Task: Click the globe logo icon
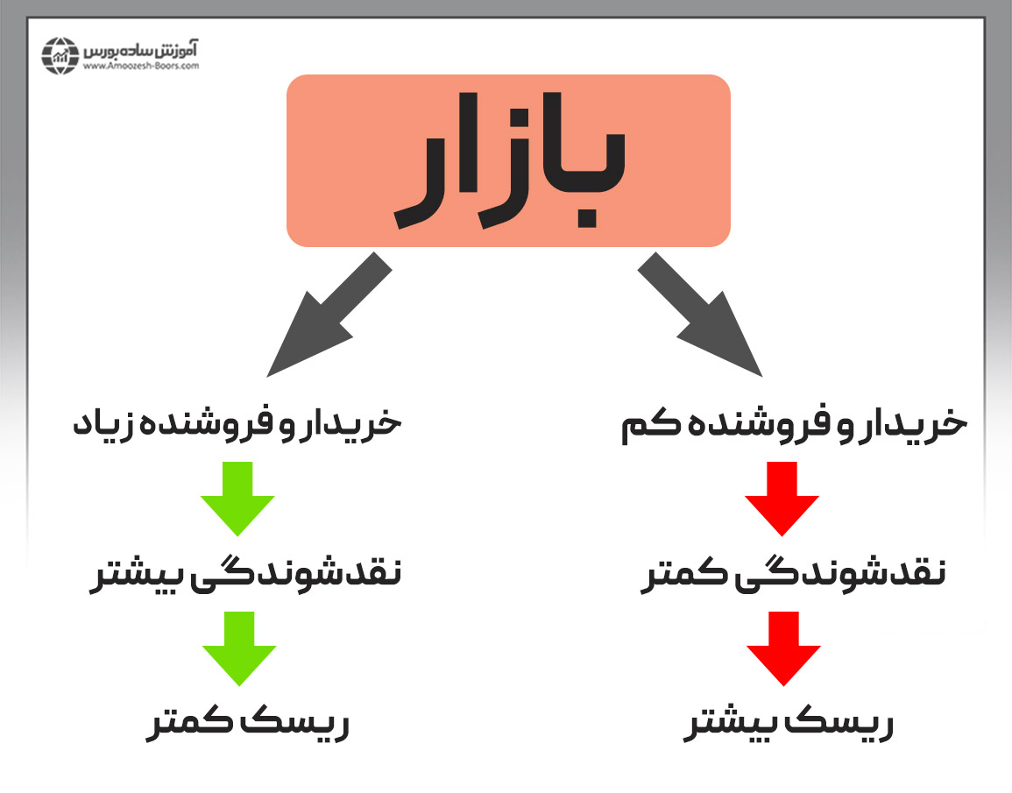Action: (60, 55)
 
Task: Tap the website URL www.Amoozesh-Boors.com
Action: (141, 66)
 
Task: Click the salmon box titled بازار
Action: (508, 160)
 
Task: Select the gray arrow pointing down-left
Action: (329, 315)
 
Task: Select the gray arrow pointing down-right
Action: (700, 315)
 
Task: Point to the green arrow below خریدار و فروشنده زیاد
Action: (237, 499)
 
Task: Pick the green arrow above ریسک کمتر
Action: (239, 648)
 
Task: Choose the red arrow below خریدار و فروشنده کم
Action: (782, 499)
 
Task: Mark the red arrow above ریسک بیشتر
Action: (783, 648)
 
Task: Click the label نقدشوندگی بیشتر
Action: (246, 574)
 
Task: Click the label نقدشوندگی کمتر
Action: (793, 574)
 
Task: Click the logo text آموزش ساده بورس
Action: (141, 50)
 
